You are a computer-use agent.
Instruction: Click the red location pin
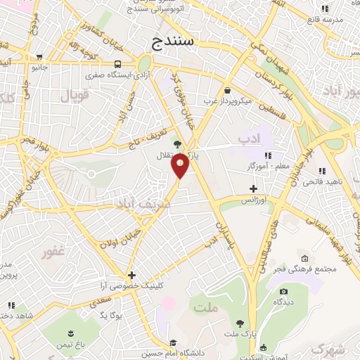coord(181,166)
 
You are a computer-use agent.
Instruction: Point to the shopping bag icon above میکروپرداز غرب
coord(227,90)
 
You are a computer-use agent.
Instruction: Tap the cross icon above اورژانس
coord(253,188)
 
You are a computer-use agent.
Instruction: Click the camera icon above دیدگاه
coord(283,291)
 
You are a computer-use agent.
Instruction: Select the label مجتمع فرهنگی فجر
coord(308,268)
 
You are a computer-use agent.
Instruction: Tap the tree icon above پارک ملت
coord(240,323)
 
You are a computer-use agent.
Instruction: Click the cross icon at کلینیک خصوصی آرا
coord(131,275)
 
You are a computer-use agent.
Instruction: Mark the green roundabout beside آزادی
coord(148,62)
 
